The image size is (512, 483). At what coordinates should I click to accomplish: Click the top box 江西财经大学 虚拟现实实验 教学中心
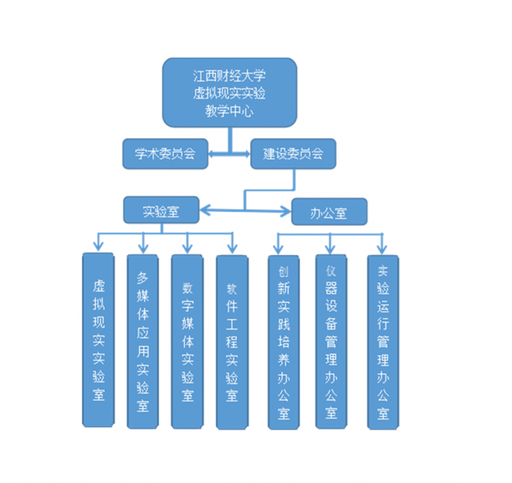pos(230,92)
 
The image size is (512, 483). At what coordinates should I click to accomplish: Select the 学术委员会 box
pos(165,154)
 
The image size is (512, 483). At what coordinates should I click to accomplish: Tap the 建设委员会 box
pos(293,154)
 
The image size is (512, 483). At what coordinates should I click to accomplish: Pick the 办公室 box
pos(329,212)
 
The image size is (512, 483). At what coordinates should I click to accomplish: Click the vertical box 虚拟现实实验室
pos(98,339)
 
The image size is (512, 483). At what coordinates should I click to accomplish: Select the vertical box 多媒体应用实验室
pos(143,341)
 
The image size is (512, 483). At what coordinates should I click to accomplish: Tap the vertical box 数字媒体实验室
pos(188,341)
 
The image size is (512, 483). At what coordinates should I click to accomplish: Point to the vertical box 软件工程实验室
pos(233,341)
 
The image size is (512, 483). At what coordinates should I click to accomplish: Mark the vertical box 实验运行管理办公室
pos(382,339)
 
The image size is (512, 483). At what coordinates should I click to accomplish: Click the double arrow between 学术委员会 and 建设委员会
pos(230,154)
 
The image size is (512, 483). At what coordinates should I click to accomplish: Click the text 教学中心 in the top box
pos(230,112)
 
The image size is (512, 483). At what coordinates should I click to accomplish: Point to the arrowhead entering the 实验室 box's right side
pos(205,211)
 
